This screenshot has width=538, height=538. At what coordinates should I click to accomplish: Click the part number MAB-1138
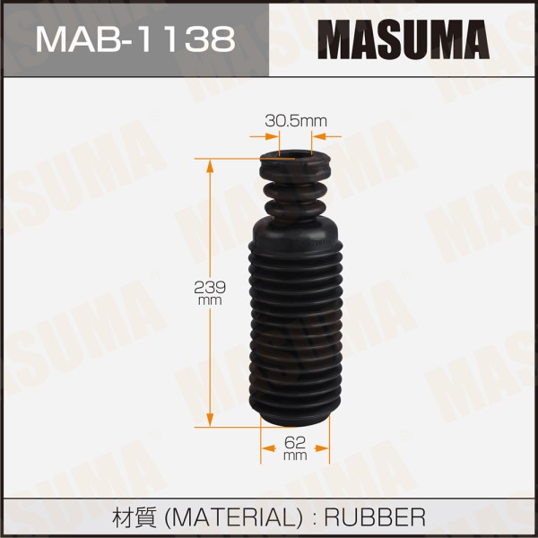[135, 40]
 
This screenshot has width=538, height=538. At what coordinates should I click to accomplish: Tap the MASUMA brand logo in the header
[403, 39]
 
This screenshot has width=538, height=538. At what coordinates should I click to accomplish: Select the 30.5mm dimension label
[296, 121]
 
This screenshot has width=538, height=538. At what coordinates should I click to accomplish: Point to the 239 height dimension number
[210, 287]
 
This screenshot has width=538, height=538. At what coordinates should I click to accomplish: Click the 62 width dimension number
[295, 443]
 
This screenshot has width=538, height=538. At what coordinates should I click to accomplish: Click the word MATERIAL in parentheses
[233, 517]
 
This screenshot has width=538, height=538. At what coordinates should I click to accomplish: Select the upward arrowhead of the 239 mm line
[210, 167]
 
